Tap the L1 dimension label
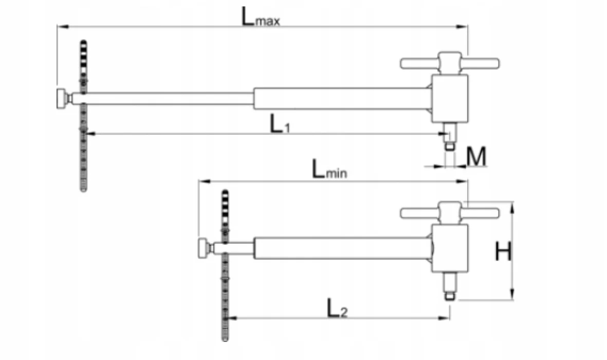coord(281,123)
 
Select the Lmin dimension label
coord(329,170)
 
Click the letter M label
coord(476,157)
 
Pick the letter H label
coord(504,252)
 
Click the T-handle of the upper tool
coord(449,63)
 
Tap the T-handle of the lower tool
coord(449,212)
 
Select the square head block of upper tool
coord(449,98)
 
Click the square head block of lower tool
coord(449,248)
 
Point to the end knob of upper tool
coord(63,98)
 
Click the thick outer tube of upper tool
coord(339,98)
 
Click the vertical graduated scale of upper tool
coord(83,154)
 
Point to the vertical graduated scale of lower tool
coord(225,298)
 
